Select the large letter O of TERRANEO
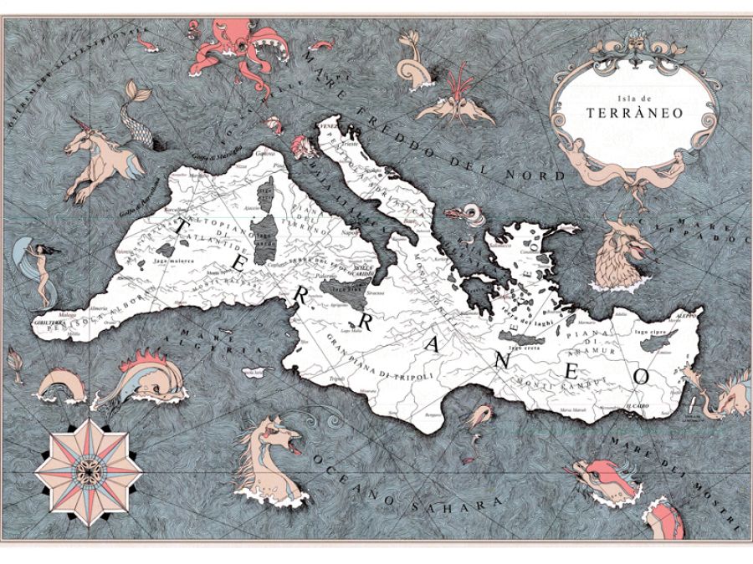click(x=643, y=375)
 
